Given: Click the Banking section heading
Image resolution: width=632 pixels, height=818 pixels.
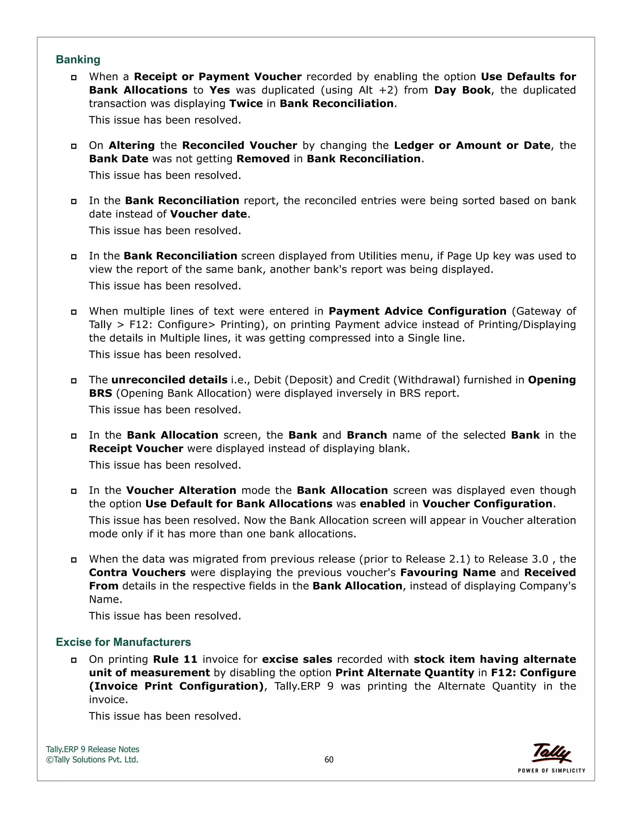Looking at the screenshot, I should pyautogui.click(x=78, y=60).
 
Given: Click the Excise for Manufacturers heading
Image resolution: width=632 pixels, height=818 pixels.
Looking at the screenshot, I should pyautogui.click(x=123, y=642).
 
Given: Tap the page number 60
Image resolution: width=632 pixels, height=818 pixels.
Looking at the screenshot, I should pyautogui.click(x=329, y=760).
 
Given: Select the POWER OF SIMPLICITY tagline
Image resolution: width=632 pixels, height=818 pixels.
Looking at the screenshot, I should pyautogui.click(x=551, y=770).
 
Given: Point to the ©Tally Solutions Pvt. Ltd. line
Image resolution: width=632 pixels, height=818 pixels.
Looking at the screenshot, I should pyautogui.click(x=92, y=760).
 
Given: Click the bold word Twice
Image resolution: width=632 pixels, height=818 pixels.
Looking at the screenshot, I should pyautogui.click(x=246, y=103).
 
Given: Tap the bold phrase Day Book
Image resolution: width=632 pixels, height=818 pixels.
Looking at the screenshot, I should pyautogui.click(x=462, y=90).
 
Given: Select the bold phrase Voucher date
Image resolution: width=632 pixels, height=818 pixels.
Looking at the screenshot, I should pyautogui.click(x=209, y=214).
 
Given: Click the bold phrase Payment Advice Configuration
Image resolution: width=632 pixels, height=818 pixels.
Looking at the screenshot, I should pyautogui.click(x=417, y=311).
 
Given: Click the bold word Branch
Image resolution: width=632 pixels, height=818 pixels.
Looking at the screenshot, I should pyautogui.click(x=367, y=435).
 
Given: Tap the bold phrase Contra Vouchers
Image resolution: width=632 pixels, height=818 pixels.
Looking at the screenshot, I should pyautogui.click(x=137, y=572).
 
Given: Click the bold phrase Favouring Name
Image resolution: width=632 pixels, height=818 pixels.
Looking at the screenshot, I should pyautogui.click(x=448, y=572).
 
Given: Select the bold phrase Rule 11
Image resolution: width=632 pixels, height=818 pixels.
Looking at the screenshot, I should pyautogui.click(x=175, y=659).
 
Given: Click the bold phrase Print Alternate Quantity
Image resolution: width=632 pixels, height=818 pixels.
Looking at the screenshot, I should pyautogui.click(x=405, y=673).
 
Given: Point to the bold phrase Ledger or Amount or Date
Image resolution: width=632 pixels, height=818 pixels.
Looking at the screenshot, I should pyautogui.click(x=472, y=145).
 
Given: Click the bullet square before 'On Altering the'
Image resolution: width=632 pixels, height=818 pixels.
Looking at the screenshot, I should pyautogui.click(x=74, y=146).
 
